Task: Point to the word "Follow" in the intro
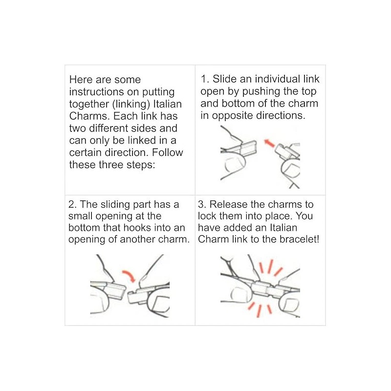tap(168, 152)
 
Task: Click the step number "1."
tap(205, 79)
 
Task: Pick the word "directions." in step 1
tap(281, 115)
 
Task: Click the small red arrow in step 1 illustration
tap(269, 143)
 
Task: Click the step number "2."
tap(72, 204)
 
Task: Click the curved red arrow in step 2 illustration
tap(130, 274)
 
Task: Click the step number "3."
tap(202, 204)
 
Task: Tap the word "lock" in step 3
tap(207, 216)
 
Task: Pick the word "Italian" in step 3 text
tap(283, 228)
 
